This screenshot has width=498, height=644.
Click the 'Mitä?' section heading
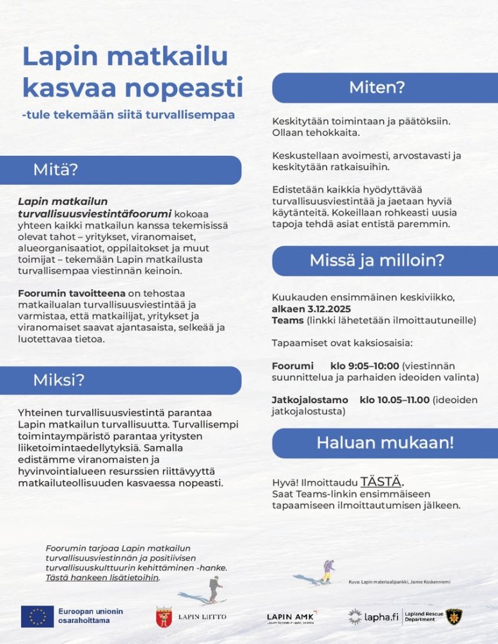tap(55, 170)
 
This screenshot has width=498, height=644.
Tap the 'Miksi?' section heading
tap(59, 380)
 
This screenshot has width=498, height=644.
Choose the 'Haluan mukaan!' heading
tap(385, 442)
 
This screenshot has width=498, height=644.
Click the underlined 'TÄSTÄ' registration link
tap(381, 482)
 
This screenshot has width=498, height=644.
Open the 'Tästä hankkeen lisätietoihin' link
tap(102, 578)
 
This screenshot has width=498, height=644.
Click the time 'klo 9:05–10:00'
tap(365, 365)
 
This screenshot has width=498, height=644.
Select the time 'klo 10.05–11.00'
tap(394, 400)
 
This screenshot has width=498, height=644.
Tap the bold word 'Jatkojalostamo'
tap(310, 400)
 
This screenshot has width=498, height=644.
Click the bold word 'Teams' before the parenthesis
tap(287, 320)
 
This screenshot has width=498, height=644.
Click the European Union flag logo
tap(37, 616)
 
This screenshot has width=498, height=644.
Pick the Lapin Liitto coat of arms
tap(164, 617)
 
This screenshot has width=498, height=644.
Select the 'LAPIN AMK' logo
tap(291, 617)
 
